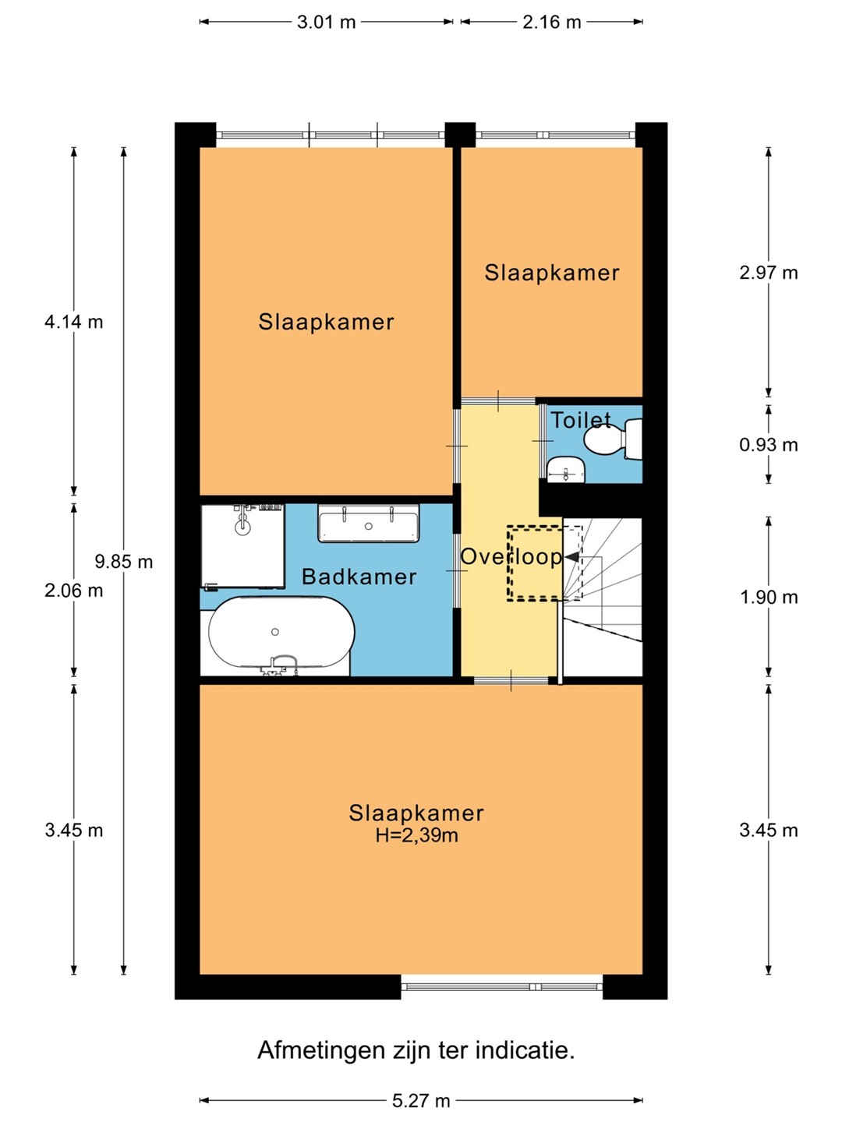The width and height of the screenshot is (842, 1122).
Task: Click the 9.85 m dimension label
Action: pos(124,562)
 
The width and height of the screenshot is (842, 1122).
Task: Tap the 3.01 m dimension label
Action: pos(326,23)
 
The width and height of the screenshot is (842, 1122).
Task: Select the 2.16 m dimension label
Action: pos(552,23)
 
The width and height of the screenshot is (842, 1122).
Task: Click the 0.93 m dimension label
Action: pos(769,445)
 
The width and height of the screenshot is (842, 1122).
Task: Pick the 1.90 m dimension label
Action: pos(769,597)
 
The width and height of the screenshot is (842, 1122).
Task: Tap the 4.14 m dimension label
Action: pos(73,322)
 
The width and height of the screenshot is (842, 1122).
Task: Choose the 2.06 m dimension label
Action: pos(73,591)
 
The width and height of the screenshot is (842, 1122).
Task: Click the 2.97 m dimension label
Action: pos(769,273)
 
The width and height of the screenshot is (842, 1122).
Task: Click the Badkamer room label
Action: pos(359,577)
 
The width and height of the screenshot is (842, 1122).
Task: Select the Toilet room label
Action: pos(581,420)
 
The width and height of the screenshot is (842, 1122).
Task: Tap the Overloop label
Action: pos(511,556)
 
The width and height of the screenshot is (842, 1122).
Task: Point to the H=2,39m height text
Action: pos(416,835)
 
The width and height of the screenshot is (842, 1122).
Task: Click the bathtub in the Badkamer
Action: pos(281,633)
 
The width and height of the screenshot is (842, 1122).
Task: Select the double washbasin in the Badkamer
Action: pos(369,523)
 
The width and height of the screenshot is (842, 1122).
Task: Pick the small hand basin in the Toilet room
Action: pos(566,469)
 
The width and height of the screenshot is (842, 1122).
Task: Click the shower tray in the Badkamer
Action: pos(242,546)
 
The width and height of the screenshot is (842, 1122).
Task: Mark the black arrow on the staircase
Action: pos(571,556)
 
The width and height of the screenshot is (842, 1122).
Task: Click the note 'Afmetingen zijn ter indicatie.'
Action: pos(416,1050)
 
